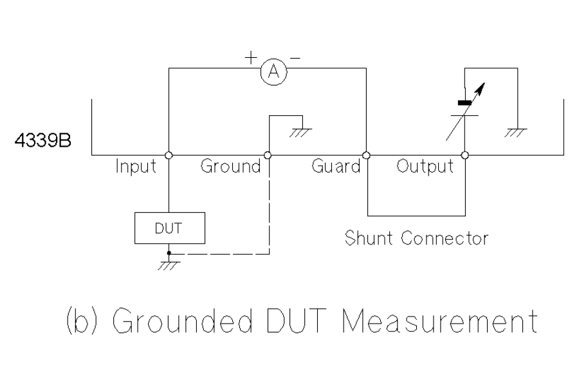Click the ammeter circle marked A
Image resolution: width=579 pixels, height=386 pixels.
pos(273,73)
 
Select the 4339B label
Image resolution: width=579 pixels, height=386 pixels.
pos(45,141)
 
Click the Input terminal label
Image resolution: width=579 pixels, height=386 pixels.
pos(136,167)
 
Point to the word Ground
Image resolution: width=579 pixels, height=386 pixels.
pos(230,167)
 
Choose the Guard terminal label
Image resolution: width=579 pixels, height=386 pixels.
pos(336,167)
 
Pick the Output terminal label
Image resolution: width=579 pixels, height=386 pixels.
pos(425,167)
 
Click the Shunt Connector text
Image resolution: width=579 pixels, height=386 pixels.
pos(417,238)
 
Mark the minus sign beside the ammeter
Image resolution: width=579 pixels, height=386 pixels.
pos(295,58)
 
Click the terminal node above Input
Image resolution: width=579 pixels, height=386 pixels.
pos(168,155)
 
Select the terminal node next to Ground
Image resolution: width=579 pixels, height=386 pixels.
pos(268,155)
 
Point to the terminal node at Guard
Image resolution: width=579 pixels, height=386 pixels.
pos(366,155)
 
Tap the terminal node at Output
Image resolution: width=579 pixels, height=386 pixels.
pos(464,155)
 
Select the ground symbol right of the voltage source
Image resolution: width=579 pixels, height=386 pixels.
pos(516,131)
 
